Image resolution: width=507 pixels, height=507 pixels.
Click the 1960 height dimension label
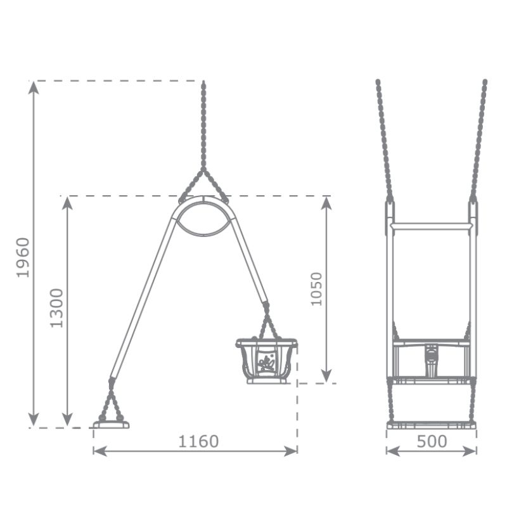23,258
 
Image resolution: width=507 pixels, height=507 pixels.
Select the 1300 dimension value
56,308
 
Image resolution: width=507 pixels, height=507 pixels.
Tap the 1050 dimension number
316,289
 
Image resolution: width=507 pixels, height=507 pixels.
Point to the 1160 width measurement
198,441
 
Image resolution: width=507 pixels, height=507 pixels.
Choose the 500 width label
432,441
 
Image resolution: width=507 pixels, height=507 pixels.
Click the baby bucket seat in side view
266,361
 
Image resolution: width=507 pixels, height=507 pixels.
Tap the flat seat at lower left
111,425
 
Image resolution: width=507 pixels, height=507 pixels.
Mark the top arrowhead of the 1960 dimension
34,87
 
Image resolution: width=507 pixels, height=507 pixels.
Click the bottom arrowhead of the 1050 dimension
326,376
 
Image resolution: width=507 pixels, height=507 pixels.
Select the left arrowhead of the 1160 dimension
100,451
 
